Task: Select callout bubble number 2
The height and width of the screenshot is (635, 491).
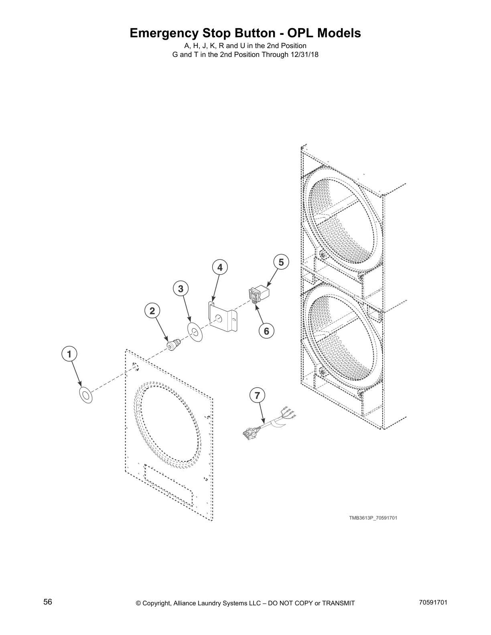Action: pyautogui.click(x=152, y=310)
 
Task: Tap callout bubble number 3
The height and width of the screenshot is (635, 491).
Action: pyautogui.click(x=181, y=288)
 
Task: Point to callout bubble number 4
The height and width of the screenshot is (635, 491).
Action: pyautogui.click(x=220, y=267)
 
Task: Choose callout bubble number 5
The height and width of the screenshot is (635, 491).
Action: pyautogui.click(x=281, y=262)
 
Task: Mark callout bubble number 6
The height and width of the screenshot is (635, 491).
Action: pyautogui.click(x=266, y=331)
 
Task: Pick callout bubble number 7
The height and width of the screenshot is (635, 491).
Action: pyautogui.click(x=257, y=395)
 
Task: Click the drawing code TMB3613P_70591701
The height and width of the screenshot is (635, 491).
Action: pyautogui.click(x=373, y=518)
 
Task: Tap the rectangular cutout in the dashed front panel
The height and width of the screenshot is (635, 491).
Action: pyautogui.click(x=168, y=486)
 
